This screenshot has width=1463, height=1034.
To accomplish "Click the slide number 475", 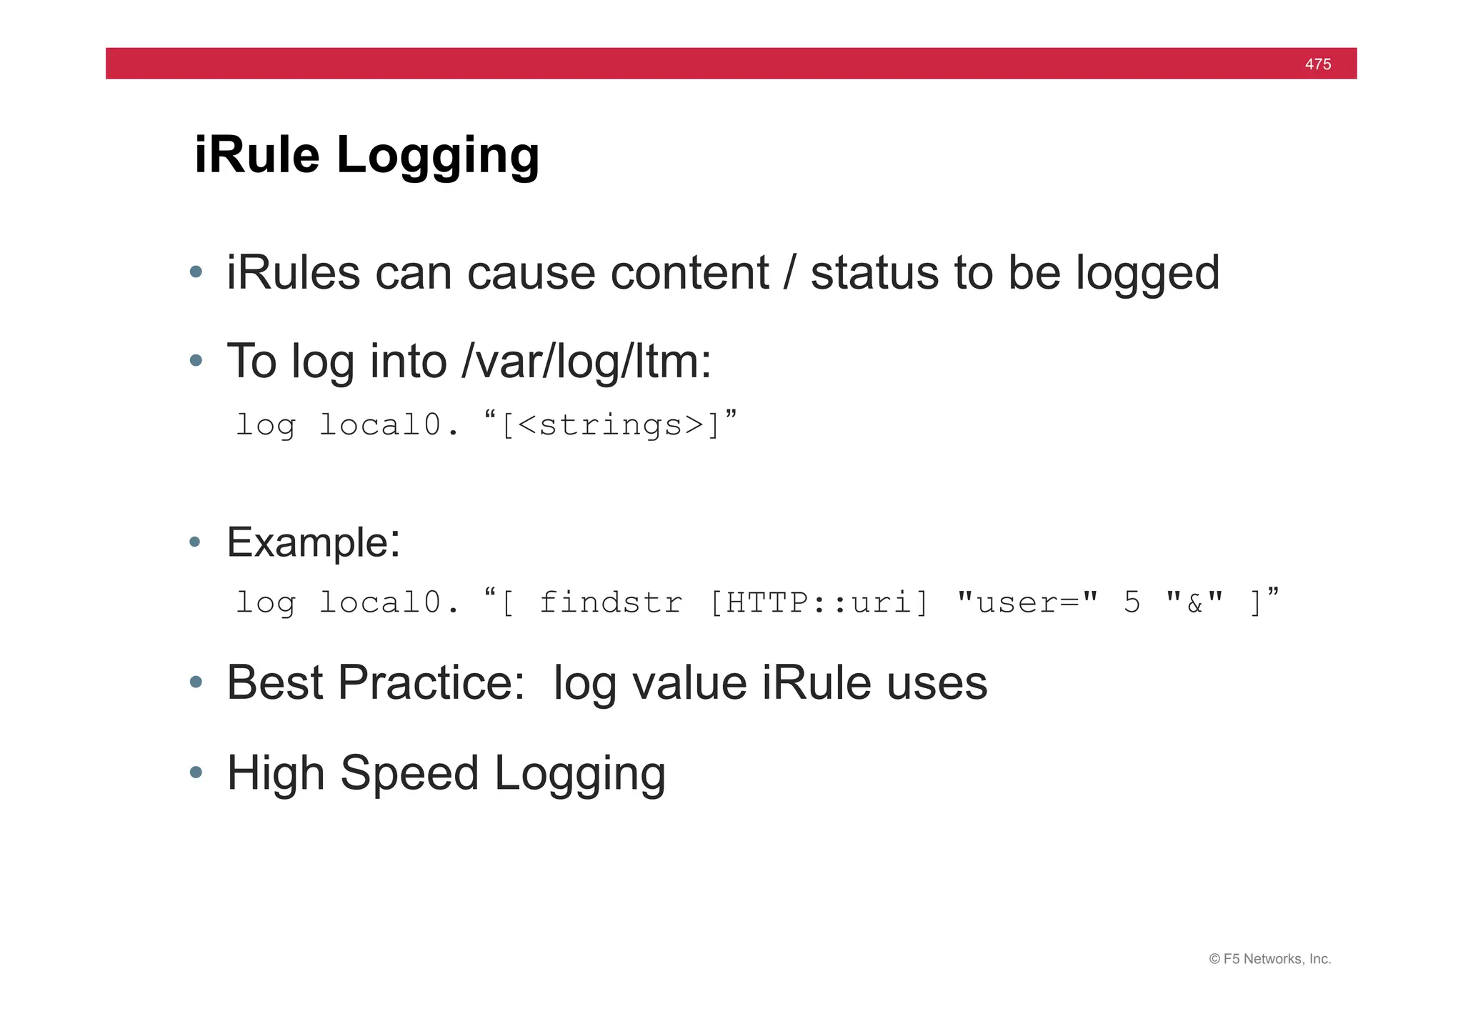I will (x=1317, y=64).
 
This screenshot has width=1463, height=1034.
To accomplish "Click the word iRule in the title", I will (x=256, y=154).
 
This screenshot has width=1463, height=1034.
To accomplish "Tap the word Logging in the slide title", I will (x=438, y=156).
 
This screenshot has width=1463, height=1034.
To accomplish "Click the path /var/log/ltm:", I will (x=586, y=362).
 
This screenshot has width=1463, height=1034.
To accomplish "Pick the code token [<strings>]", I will (x=611, y=426).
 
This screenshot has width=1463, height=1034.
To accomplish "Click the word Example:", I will (x=314, y=542).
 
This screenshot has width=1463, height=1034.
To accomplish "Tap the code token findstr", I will (x=611, y=603).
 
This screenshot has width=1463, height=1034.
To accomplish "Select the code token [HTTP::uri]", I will (x=819, y=603).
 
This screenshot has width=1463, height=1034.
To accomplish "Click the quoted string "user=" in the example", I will (x=1027, y=603).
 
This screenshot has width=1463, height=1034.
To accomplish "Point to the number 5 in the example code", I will (x=1132, y=603).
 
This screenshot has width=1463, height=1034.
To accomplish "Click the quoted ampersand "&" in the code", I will (x=1194, y=603).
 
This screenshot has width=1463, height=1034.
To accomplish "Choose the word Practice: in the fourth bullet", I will (x=431, y=683).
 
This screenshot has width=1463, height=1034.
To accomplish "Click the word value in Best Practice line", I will (x=689, y=683).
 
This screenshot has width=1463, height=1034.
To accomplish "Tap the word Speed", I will (x=409, y=774).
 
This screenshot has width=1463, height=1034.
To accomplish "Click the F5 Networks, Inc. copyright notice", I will (x=1269, y=959).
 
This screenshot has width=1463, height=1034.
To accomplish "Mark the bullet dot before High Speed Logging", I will (x=196, y=772).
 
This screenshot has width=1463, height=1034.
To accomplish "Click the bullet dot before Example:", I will (x=195, y=542).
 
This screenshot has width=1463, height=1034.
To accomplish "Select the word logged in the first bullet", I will (x=1147, y=274).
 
